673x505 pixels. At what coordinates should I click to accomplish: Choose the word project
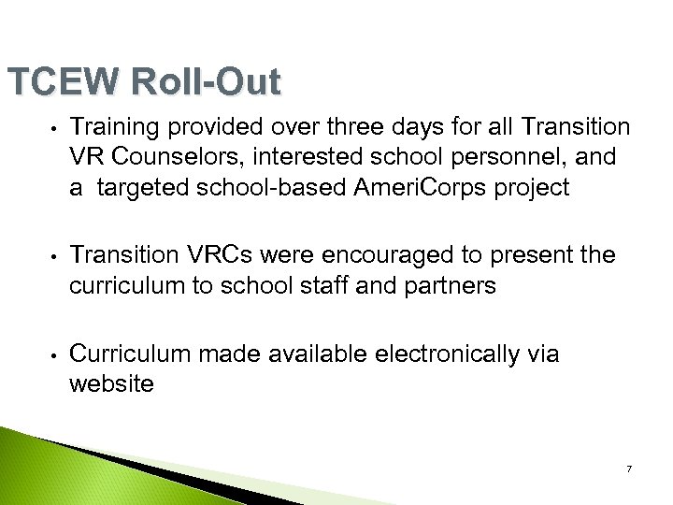coord(528,189)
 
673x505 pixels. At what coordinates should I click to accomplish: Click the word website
coord(111,383)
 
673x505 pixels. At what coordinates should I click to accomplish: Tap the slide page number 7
coord(629,469)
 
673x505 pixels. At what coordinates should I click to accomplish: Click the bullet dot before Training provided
coord(56,128)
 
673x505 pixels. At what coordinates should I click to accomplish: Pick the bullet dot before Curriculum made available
coord(56,355)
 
